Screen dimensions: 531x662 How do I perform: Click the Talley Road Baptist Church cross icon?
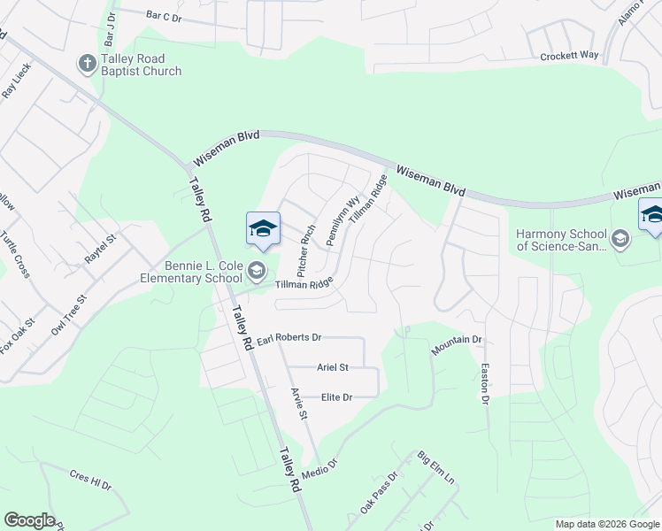pos(87,63)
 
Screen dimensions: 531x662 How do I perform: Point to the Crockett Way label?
pos(570,56)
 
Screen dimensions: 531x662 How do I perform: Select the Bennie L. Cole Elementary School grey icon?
pos(257,270)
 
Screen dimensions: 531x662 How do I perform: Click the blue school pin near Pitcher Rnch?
pos(263,229)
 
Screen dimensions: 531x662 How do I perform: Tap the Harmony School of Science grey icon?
pos(620,237)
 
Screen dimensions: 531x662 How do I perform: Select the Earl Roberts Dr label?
pos(289,337)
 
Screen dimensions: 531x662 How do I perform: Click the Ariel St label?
pos(333,366)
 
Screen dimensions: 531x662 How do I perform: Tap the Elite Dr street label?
pos(337,397)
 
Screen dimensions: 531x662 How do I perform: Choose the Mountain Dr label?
pos(457,345)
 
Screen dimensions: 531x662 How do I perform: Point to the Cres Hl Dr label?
pos(90,480)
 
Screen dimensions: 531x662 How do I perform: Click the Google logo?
pos(29,520)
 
